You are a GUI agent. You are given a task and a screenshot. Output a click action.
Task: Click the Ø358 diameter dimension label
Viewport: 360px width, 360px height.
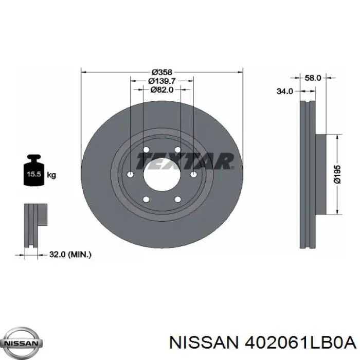[162, 72]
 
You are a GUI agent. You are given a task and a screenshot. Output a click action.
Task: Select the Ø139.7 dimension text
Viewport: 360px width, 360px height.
[162, 81]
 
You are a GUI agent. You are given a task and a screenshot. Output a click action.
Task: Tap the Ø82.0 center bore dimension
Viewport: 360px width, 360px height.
[162, 89]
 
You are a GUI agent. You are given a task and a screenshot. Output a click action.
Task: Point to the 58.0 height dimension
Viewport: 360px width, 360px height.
[313, 78]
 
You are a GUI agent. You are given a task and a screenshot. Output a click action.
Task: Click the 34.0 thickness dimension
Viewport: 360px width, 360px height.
[285, 92]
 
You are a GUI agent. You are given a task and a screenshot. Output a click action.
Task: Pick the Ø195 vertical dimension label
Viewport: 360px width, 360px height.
[337, 174]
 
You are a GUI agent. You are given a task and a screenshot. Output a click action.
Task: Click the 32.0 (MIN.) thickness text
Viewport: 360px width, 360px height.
[70, 255]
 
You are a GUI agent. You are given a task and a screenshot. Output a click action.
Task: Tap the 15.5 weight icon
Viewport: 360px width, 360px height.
[34, 170]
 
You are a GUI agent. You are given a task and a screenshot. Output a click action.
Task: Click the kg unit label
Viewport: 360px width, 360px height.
[51, 175]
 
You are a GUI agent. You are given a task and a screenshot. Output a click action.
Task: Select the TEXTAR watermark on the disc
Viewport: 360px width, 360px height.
[185, 161]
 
